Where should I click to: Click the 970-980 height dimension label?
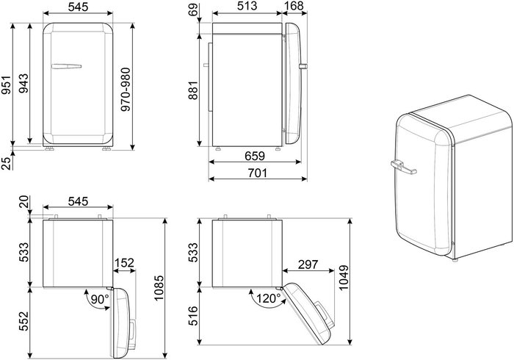pyautogui.click(x=126, y=89)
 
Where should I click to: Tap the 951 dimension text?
pyautogui.click(x=6, y=85)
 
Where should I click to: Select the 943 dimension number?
pyautogui.click(x=23, y=83)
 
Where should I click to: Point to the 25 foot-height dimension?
pyautogui.click(x=6, y=163)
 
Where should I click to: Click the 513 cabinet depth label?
pyautogui.click(x=247, y=6)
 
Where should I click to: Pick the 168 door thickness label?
pyautogui.click(x=294, y=6)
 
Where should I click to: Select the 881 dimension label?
pyautogui.click(x=193, y=90)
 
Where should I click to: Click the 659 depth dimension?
pyautogui.click(x=255, y=156)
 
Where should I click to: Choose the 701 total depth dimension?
pyautogui.click(x=257, y=173)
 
